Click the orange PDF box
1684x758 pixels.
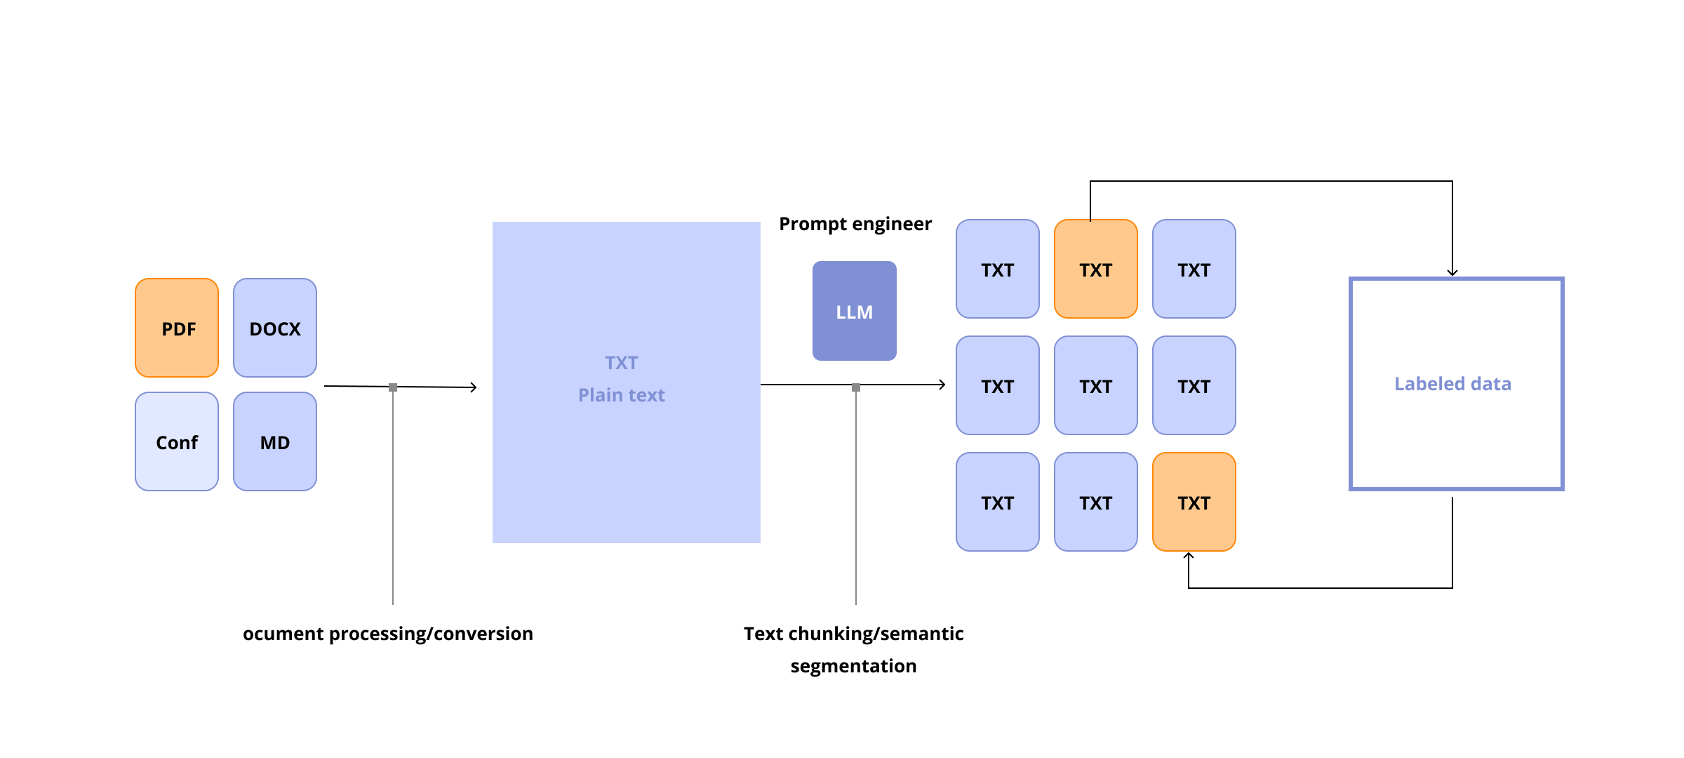177,328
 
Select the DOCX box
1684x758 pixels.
275,328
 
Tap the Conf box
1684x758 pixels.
177,441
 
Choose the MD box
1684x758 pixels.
275,441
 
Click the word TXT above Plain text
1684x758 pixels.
622,363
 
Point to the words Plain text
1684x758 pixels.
622,395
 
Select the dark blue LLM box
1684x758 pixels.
855,311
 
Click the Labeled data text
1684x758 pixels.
1452,384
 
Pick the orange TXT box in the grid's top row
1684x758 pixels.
1096,269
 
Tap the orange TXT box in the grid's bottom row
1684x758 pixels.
1194,502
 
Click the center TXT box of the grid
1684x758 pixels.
1096,385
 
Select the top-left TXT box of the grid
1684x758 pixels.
998,269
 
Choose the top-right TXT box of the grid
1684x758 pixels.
1194,269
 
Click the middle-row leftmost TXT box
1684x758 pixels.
998,385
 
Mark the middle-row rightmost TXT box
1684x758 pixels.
1194,385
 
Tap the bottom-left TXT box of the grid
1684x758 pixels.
998,502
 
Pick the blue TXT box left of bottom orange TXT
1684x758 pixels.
1096,502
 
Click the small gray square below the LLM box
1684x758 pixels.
856,387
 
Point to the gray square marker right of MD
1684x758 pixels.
393,387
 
